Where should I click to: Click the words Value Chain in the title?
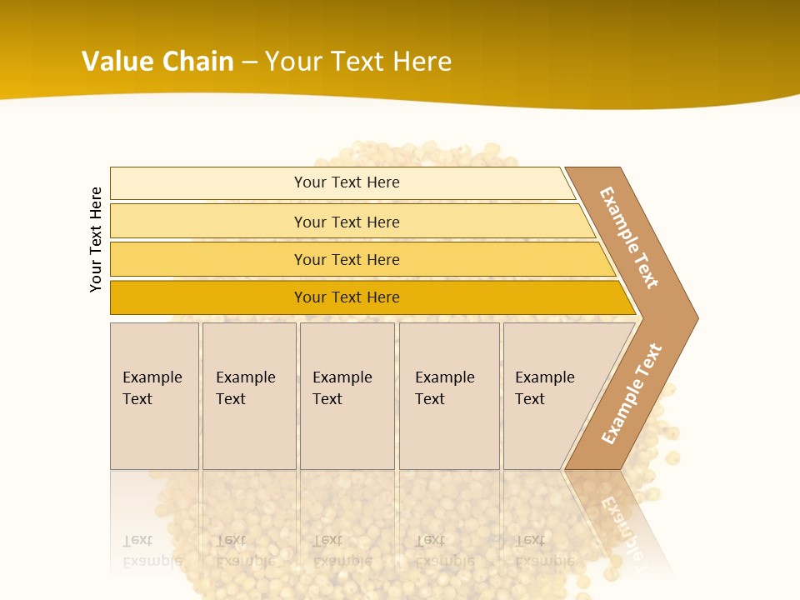(x=157, y=62)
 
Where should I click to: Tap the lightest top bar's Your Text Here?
(x=347, y=182)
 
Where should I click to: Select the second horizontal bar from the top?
(x=347, y=222)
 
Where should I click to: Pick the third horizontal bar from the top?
(x=347, y=259)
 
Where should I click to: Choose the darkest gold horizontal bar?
(x=347, y=297)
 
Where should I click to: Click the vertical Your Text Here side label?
(x=96, y=239)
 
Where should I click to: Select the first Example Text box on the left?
(x=154, y=396)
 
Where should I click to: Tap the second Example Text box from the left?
(x=248, y=396)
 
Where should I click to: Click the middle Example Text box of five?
(x=346, y=396)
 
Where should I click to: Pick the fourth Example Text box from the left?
(x=448, y=396)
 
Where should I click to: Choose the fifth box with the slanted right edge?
(x=550, y=396)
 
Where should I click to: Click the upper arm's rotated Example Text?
(x=629, y=238)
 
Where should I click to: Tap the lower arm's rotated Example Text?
(x=632, y=393)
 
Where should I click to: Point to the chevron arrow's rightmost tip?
(x=696, y=317)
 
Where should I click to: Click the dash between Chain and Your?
(x=249, y=62)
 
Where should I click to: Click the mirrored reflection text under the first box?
(x=152, y=551)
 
